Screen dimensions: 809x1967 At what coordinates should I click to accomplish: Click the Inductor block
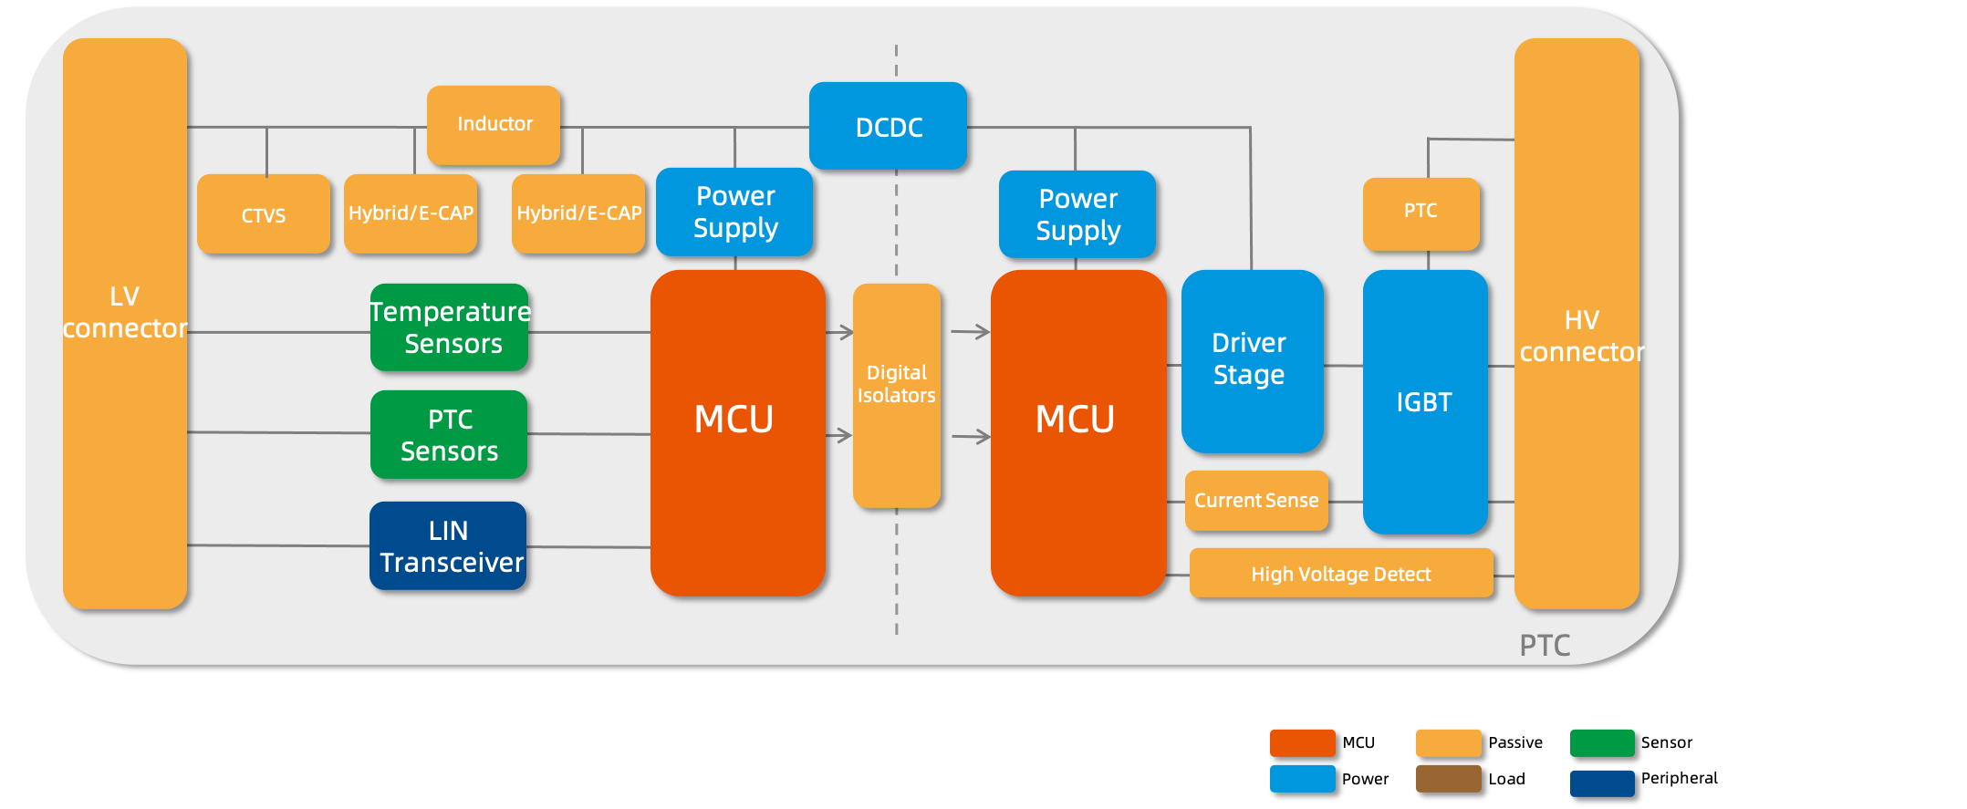(494, 125)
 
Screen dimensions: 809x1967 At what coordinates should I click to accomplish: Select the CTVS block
(264, 214)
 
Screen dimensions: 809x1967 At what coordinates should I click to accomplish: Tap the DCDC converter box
(888, 127)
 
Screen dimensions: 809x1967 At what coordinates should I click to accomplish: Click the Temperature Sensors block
(450, 327)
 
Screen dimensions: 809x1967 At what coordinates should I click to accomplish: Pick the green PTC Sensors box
(449, 435)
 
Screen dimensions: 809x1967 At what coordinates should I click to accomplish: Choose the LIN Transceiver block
(448, 546)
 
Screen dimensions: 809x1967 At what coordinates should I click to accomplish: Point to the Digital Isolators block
(897, 395)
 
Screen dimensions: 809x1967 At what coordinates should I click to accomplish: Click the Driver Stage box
(1252, 361)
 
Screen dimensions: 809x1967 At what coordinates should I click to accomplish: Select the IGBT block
(1425, 401)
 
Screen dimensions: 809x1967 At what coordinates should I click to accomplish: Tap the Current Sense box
(1256, 500)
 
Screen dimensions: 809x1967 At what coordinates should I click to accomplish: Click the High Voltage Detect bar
(1341, 574)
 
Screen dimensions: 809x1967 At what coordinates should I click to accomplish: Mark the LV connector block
(125, 324)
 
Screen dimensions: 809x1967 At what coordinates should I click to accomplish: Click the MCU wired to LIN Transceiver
(737, 433)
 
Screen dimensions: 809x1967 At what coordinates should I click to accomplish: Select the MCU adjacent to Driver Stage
(1078, 433)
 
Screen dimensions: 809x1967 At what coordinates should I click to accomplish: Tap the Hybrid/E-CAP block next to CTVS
(411, 213)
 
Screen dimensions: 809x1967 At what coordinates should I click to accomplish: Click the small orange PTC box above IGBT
(1421, 213)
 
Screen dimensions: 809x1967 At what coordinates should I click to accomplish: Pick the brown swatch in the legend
(1448, 779)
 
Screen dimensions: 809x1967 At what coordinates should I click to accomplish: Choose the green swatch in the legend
(1602, 742)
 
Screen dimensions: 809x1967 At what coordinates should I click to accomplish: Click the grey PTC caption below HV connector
(1545, 645)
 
